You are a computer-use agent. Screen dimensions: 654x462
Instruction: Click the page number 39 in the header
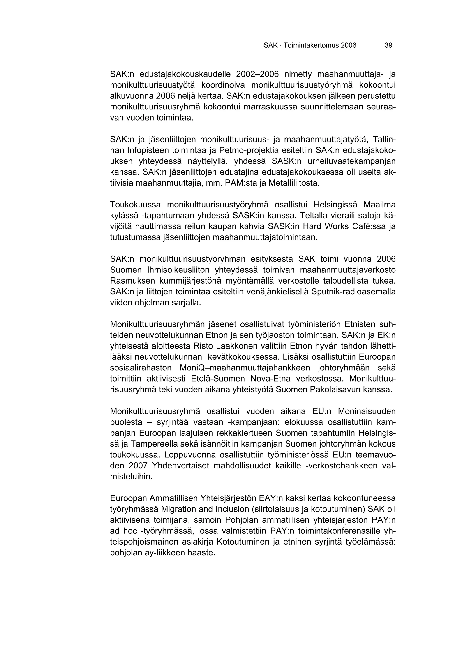388,45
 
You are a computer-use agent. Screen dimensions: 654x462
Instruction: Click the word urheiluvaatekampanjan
351,161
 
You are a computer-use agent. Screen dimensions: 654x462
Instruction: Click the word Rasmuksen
132,281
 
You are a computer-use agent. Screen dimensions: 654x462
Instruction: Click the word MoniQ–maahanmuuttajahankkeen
245,368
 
